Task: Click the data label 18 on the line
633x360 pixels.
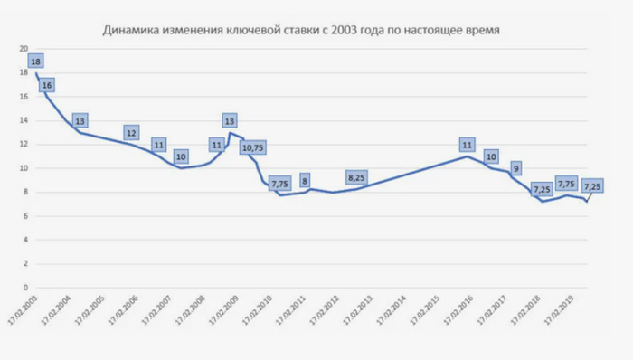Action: [x=35, y=62]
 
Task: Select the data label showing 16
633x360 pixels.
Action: [x=47, y=85]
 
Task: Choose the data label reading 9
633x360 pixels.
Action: [x=515, y=167]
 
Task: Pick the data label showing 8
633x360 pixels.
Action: [x=304, y=179]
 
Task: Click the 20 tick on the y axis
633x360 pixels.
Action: [x=24, y=50]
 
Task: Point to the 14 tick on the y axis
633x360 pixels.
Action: [x=24, y=121]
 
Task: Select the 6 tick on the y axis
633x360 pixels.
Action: [x=25, y=216]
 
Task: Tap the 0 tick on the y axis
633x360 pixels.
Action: [x=25, y=287]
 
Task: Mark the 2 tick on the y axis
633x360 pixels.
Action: [x=25, y=263]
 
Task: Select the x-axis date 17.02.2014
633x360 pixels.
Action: [x=391, y=308]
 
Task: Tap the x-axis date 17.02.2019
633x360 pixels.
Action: [x=559, y=308]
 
